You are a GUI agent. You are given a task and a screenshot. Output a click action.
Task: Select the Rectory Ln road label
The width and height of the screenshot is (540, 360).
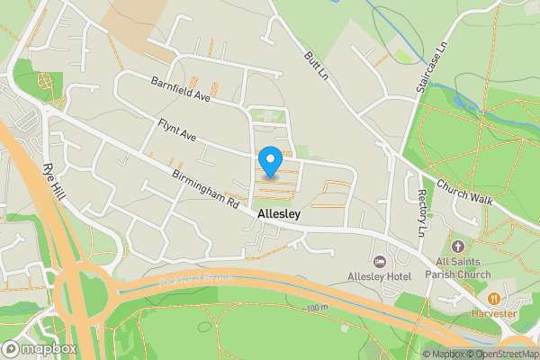coord(421,212)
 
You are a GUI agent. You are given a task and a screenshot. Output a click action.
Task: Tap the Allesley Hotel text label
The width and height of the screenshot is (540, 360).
coord(379,275)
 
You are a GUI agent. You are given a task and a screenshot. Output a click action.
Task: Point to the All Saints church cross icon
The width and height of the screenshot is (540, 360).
coord(457,246)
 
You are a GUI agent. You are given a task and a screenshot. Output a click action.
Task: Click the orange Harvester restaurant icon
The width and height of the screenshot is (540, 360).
coord(493,298)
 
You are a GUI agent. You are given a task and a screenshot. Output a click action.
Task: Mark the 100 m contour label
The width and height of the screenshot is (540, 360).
coord(316,309)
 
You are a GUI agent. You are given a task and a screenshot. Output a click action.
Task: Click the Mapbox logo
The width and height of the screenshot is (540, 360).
coord(38,348)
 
